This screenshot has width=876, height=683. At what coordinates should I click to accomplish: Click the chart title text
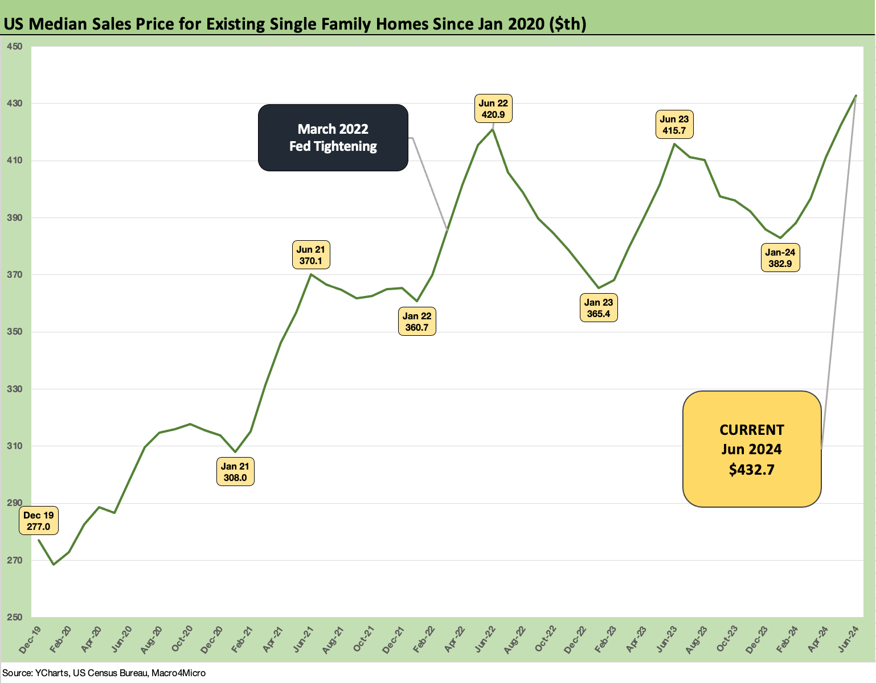pyautogui.click(x=295, y=24)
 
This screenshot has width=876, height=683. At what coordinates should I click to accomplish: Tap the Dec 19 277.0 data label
pyautogui.click(x=39, y=521)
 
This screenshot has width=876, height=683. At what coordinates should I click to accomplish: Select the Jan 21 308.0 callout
pyautogui.click(x=235, y=472)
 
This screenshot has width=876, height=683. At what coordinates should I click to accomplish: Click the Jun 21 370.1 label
pyautogui.click(x=311, y=255)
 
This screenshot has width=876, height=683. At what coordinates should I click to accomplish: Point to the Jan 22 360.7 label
pyautogui.click(x=417, y=322)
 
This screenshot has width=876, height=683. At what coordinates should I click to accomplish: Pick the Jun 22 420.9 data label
pyautogui.click(x=493, y=109)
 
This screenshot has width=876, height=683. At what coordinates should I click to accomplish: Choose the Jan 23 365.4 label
pyautogui.click(x=599, y=308)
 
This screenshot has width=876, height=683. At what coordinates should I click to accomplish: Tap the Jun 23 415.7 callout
pyautogui.click(x=674, y=125)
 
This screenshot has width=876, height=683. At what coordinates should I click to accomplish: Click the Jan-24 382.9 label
pyautogui.click(x=780, y=258)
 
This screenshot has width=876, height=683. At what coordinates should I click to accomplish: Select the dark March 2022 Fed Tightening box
pyautogui.click(x=333, y=138)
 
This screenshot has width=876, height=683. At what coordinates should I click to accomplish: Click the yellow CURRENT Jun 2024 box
pyautogui.click(x=752, y=449)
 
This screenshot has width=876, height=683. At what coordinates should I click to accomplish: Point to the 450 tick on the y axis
pyautogui.click(x=15, y=46)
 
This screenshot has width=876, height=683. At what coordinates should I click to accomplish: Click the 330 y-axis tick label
pyautogui.click(x=15, y=389)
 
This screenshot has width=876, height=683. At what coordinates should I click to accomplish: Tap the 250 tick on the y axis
pyautogui.click(x=15, y=618)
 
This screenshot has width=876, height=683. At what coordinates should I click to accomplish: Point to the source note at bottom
pyautogui.click(x=104, y=673)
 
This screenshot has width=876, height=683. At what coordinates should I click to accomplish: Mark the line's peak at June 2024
pyautogui.click(x=855, y=96)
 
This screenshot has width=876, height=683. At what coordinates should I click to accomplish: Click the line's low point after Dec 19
pyautogui.click(x=54, y=565)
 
